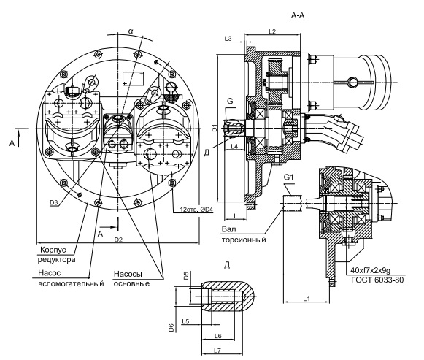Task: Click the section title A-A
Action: point(298,15)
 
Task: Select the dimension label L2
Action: point(272,31)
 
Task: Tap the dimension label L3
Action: point(228,39)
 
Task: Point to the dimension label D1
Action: point(215,128)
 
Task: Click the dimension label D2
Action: point(118,240)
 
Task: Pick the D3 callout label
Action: point(53,202)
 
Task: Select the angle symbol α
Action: point(131,31)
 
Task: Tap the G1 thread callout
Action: point(289,177)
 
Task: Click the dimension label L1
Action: point(306,299)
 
